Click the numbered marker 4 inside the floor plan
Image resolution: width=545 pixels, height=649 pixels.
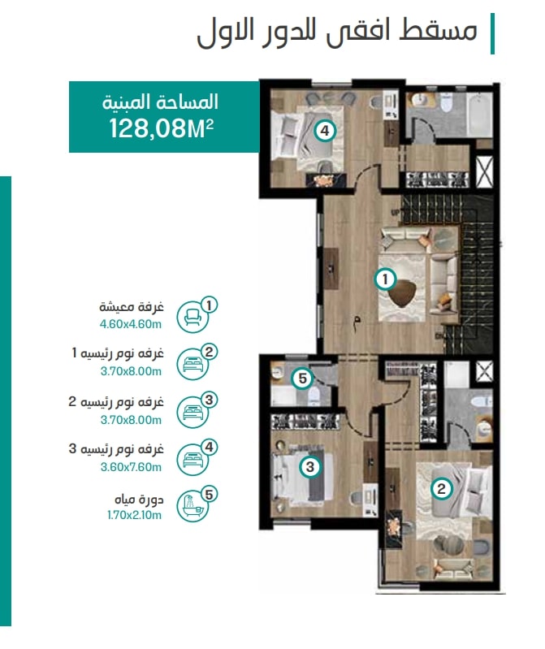tap(325, 131)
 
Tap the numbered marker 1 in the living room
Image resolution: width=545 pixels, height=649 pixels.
tap(385, 279)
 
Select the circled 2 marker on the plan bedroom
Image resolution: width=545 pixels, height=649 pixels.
tap(441, 489)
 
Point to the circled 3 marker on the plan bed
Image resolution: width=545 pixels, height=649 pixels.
tap(310, 467)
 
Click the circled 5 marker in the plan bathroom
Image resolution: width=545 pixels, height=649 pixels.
tap(302, 379)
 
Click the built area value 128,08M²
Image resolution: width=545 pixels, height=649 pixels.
tap(162, 128)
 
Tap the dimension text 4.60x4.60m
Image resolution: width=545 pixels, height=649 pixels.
tap(130, 324)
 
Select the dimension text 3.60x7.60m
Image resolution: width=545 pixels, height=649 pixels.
tap(131, 467)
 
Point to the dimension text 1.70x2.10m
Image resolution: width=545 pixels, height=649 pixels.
tap(134, 515)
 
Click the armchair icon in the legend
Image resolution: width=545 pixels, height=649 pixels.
tap(192, 318)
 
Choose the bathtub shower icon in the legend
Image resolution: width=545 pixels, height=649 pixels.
tap(192, 506)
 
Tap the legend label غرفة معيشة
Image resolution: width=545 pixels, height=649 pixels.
tap(132, 307)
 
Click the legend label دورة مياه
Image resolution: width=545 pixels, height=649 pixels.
tap(139, 500)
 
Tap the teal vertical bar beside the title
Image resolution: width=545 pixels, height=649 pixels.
tap(492, 33)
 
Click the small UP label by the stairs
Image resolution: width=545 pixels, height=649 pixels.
tap(395, 212)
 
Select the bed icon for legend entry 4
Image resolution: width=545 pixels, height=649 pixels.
tap(192, 459)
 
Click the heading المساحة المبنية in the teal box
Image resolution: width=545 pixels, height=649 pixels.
tap(161, 102)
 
